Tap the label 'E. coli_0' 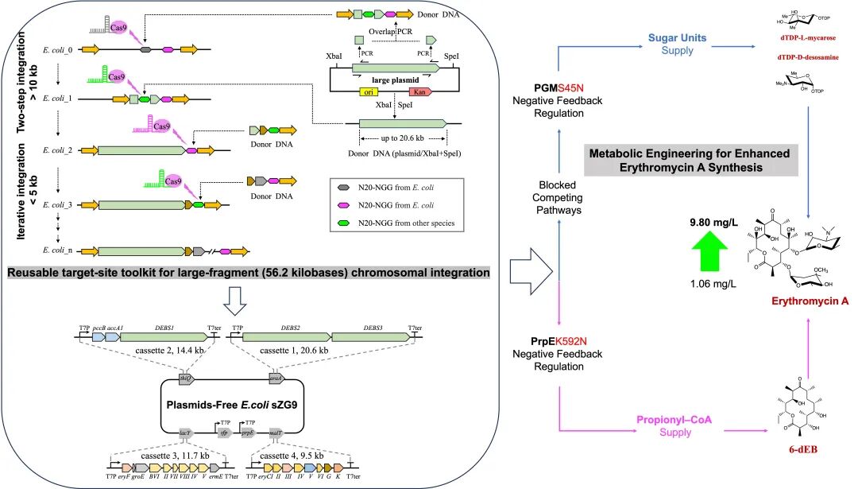59,50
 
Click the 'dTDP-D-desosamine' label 806,58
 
